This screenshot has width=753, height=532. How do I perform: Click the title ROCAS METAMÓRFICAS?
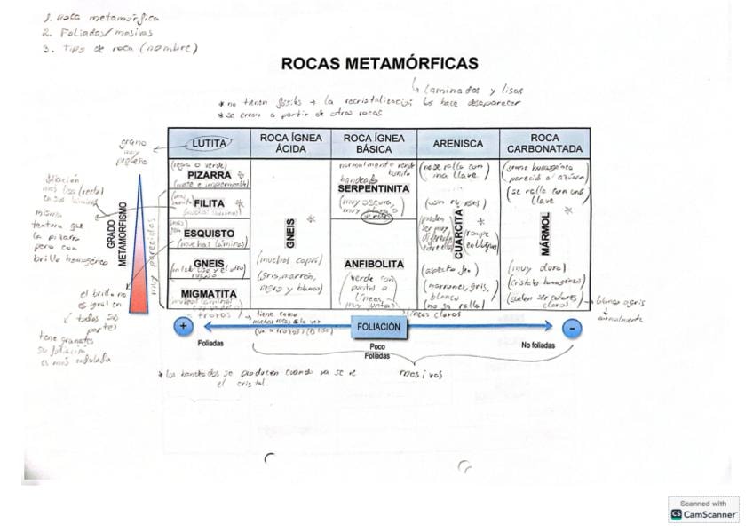379,64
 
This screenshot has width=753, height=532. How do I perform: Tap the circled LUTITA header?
210,143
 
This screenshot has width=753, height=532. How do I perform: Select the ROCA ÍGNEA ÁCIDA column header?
290,143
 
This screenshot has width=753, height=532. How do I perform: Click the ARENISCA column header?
457,143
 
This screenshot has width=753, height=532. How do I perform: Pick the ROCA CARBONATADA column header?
544,143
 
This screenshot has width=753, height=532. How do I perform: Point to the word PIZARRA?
210,175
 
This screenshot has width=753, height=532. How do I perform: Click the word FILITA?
210,203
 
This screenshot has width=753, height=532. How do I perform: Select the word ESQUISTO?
210,234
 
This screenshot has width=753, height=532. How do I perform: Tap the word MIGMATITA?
210,294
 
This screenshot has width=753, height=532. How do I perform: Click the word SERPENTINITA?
374,189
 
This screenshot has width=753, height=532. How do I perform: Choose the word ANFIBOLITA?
374,264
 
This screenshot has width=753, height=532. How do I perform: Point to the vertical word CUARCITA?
458,234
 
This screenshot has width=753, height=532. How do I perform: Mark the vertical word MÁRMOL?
544,234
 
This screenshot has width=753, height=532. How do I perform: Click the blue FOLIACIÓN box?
378,327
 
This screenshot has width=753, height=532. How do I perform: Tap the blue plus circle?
184,326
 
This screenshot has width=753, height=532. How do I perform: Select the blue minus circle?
572,327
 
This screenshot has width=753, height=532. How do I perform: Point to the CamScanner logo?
703,509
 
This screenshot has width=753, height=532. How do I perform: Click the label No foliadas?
538,344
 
